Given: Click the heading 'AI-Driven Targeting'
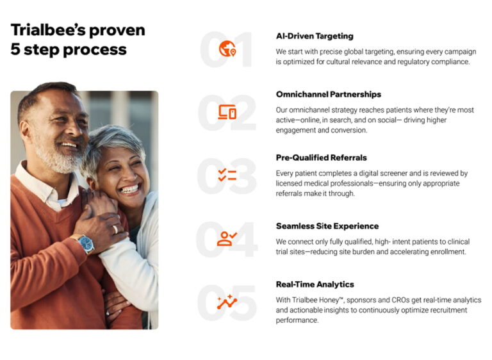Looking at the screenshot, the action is click(315, 36).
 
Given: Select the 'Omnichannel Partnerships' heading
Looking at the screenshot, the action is click(329, 94).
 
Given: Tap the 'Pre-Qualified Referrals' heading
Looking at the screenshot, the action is click(322, 158).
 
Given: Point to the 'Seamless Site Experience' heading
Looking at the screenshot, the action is click(327, 226).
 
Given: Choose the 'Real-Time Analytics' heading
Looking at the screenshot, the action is click(315, 284).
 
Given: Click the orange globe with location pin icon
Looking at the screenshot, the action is click(227, 49).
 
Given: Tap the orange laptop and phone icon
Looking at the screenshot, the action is click(227, 112).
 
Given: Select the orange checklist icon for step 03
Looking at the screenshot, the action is click(227, 175).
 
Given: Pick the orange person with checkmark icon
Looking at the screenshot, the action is click(227, 238).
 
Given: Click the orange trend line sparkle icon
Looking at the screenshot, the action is click(227, 302).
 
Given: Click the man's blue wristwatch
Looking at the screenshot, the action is click(85, 243).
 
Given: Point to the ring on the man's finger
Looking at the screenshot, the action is click(115, 229).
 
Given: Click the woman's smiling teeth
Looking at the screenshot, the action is click(129, 189).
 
